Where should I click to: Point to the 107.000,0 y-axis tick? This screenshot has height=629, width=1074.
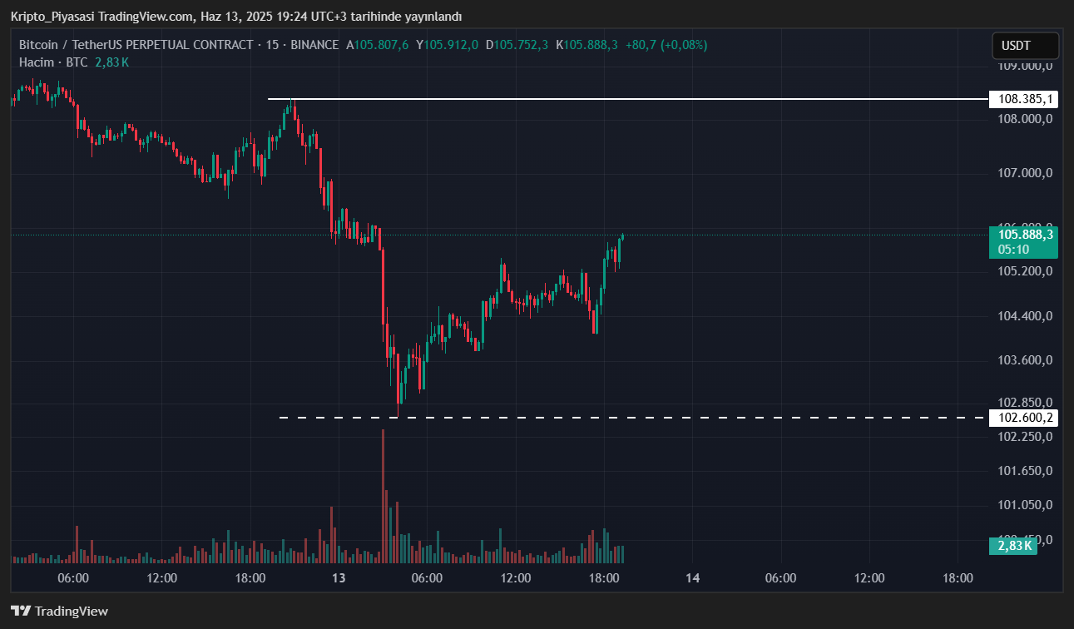point(1024,173)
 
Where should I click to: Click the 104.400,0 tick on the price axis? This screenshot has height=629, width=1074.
point(1024,316)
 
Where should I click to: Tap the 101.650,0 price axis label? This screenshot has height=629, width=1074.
point(1024,471)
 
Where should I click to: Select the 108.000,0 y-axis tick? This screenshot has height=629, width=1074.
point(1024,119)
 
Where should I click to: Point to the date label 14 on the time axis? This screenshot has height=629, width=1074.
point(693,578)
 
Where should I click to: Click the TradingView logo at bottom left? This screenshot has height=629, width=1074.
point(59,612)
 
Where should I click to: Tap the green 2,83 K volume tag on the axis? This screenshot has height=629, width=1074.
point(1012,546)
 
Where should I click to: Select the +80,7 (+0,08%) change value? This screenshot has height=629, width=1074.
point(666,45)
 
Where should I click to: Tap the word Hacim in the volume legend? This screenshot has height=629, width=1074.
point(36,62)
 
